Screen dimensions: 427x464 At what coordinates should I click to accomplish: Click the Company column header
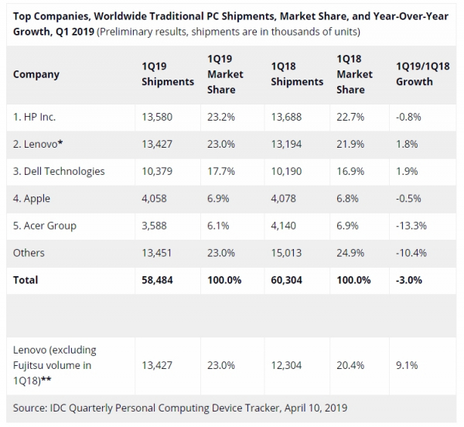pos(36,75)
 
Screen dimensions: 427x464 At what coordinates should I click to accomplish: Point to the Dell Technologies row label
pos(59,171)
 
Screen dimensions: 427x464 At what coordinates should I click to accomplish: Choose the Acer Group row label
pos(45,225)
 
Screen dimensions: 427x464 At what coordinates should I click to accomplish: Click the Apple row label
pos(33,198)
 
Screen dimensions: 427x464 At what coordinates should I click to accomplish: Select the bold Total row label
pos(26,280)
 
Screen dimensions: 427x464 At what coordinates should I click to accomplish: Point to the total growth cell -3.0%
pos(410,280)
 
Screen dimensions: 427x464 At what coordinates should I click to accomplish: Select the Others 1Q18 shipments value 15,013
pos(288,252)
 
